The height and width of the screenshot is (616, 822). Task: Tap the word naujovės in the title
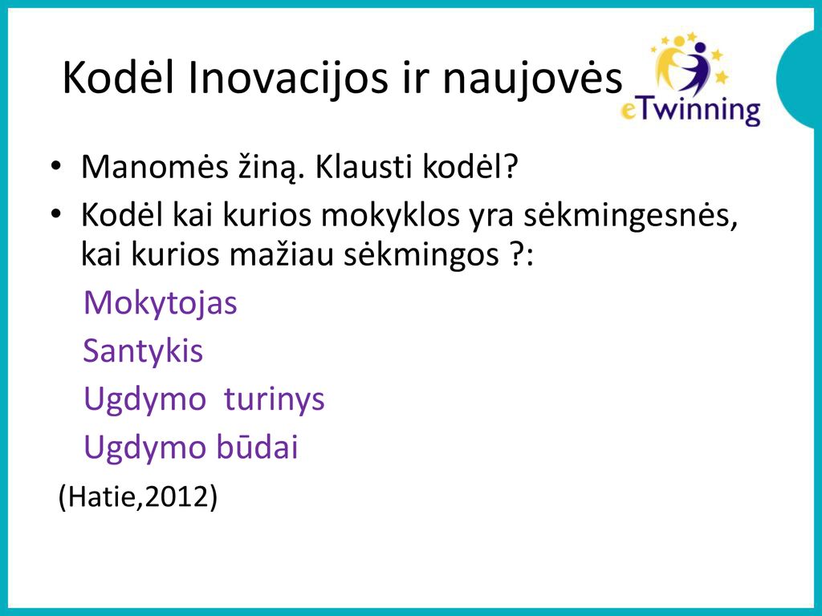(x=533, y=79)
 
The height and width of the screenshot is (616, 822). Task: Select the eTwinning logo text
(x=690, y=111)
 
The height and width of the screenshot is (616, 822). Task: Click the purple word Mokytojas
(x=161, y=303)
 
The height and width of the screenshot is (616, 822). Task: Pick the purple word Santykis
(x=143, y=351)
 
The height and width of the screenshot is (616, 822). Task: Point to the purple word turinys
(x=275, y=399)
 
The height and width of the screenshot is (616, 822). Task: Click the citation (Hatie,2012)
(x=138, y=496)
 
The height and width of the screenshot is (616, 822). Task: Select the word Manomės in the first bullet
(x=155, y=167)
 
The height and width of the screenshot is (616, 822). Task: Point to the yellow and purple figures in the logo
(x=688, y=64)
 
